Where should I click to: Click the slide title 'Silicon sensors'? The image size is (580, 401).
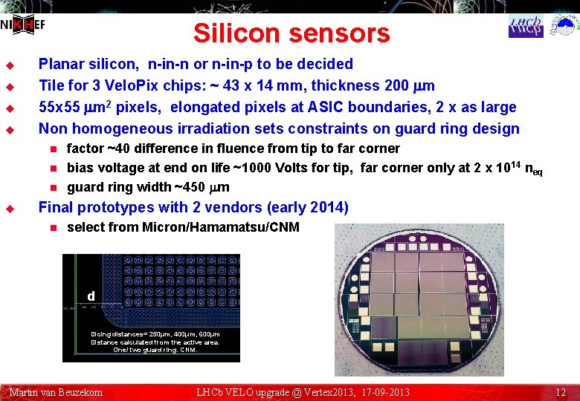[291, 33]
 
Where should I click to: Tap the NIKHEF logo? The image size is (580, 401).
[23, 25]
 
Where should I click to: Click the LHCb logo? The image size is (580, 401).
[526, 26]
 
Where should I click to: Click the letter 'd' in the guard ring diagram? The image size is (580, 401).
[91, 296]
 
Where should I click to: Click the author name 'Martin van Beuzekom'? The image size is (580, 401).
[56, 392]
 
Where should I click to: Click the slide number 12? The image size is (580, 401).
[561, 392]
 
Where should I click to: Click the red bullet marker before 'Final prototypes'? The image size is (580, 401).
[10, 208]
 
